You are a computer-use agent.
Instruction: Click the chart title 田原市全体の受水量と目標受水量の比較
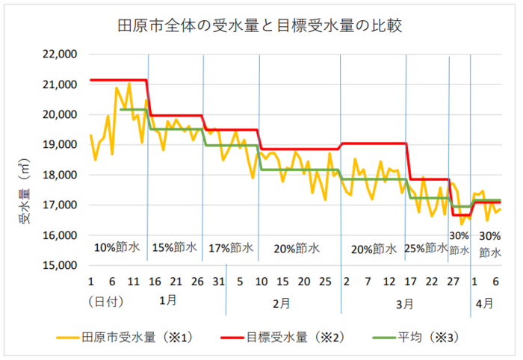[261, 27]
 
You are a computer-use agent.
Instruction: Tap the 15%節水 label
[176, 247]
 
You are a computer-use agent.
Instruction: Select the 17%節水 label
[231, 247]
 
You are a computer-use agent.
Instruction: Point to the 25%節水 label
[426, 247]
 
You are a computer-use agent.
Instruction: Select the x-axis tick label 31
[218, 282]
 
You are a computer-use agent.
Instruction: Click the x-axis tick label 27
[453, 282]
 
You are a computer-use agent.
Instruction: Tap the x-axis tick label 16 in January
[155, 282]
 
